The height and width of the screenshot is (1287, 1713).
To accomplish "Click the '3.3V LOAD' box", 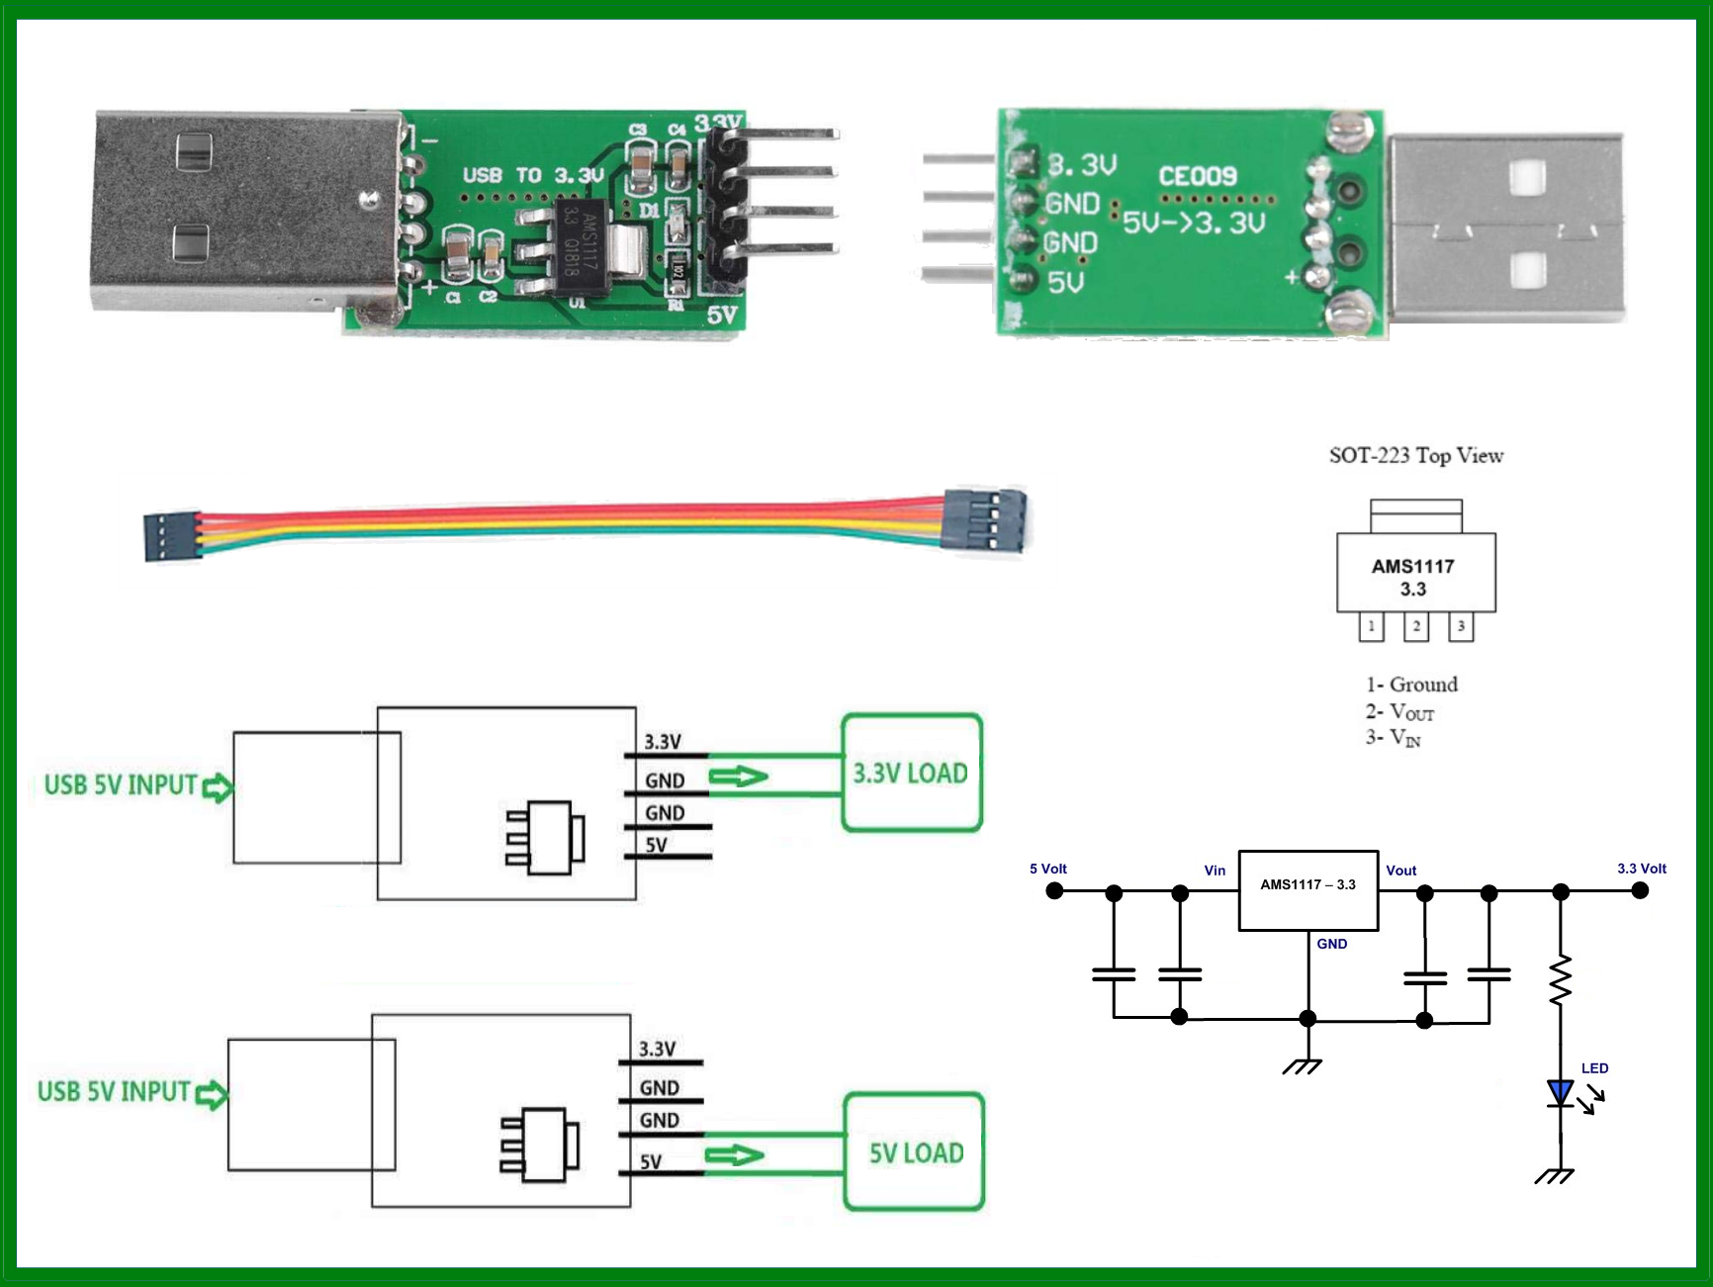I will [x=911, y=773].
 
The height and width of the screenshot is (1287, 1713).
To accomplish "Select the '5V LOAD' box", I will [x=914, y=1152].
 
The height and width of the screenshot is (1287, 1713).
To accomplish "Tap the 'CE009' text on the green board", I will [x=1198, y=176].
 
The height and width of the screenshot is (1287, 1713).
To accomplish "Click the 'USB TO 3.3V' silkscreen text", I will [x=532, y=175].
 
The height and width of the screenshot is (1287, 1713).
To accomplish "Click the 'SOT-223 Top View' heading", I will [x=1415, y=455].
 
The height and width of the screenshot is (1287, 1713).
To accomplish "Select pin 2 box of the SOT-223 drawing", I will [x=1416, y=626].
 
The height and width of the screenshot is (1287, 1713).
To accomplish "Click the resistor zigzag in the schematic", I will [x=1561, y=980].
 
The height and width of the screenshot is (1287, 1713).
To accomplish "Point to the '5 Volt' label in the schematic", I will [x=1048, y=869].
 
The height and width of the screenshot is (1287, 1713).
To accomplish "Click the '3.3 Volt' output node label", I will [x=1642, y=869].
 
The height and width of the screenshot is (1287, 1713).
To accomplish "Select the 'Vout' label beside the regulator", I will [x=1400, y=871].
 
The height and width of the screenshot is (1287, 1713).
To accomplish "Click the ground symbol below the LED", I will [x=1555, y=1175].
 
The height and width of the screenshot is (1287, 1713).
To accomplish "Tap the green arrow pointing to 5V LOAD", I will [x=735, y=1155].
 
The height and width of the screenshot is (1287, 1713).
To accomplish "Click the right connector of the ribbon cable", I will [x=984, y=519].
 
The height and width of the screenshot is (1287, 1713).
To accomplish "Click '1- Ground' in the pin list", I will [x=1411, y=685].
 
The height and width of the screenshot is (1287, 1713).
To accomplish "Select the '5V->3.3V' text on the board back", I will [x=1194, y=223].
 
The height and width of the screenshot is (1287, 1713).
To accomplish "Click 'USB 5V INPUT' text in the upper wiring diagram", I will [x=121, y=785].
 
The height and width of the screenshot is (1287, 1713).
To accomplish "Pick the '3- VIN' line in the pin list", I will [x=1394, y=738].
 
